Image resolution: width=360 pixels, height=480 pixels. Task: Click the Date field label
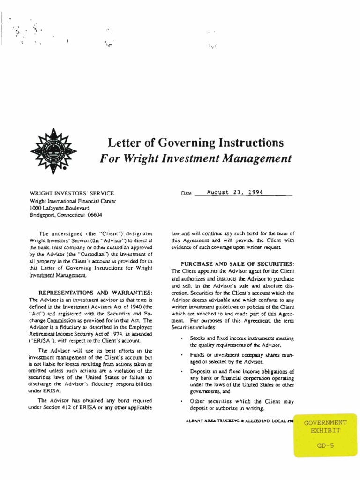(x=187, y=193)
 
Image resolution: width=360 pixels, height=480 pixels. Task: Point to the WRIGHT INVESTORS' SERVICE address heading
(x=71, y=193)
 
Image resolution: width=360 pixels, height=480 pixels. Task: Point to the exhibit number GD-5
(x=325, y=447)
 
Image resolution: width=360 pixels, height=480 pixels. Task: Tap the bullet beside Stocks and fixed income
(x=181, y=338)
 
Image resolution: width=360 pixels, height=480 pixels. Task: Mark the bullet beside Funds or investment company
(x=181, y=355)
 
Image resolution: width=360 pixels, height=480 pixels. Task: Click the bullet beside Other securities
(x=181, y=402)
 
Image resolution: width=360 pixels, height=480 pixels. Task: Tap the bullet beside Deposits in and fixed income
(x=181, y=372)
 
